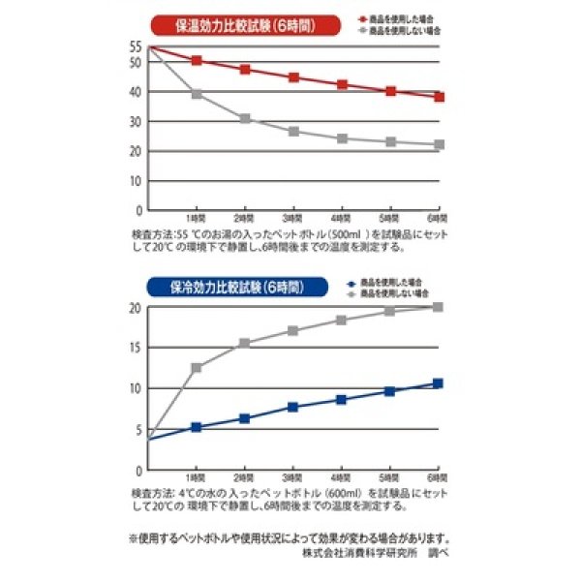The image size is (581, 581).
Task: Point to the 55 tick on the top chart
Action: tap(136, 46)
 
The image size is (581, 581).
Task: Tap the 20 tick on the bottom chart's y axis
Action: tap(137, 308)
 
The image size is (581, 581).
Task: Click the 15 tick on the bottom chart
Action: tap(137, 348)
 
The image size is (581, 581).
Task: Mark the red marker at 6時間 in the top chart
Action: tap(439, 97)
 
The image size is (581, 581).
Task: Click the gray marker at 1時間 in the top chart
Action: tap(197, 94)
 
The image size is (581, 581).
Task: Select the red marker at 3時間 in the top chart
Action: tap(293, 76)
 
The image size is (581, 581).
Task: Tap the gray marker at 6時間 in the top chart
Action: tap(439, 144)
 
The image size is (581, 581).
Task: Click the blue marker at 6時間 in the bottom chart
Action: tap(438, 383)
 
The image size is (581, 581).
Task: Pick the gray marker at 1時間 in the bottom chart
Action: tap(197, 368)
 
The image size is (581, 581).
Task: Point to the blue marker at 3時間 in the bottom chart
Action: tap(293, 407)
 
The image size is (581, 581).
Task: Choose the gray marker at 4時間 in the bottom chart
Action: tap(341, 321)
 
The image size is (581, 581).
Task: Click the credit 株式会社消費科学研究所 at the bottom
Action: tap(359, 553)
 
